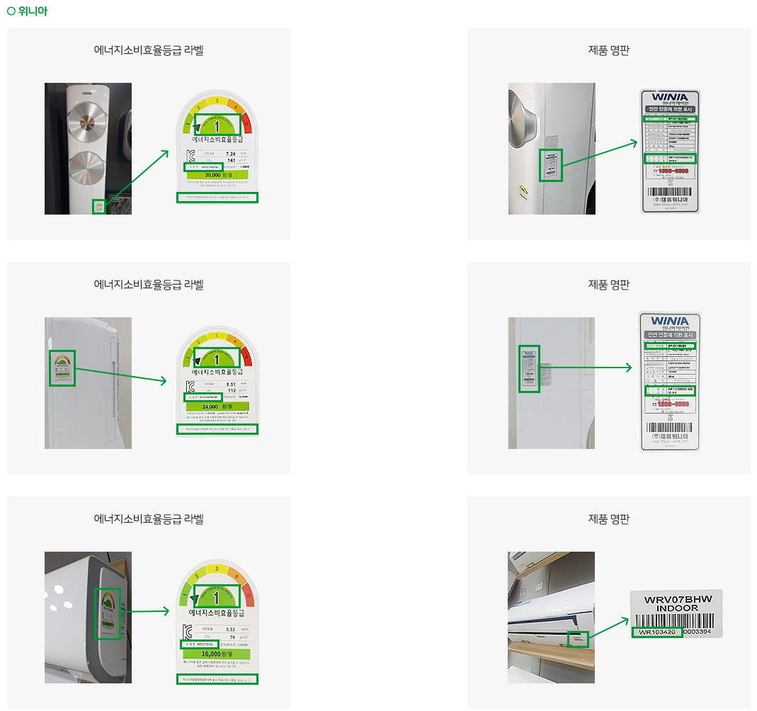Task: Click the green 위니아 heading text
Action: (33, 11)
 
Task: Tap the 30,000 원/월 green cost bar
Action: (217, 175)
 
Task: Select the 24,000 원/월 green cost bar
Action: (217, 407)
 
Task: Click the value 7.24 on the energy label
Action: (230, 153)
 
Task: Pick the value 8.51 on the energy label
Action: (230, 385)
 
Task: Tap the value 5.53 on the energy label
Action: (230, 629)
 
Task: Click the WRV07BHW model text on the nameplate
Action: (677, 600)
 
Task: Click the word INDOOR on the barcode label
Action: (677, 609)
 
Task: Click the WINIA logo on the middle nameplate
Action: (669, 320)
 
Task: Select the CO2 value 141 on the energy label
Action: (231, 161)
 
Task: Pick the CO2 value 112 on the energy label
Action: (231, 391)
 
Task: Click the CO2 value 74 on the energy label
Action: (231, 637)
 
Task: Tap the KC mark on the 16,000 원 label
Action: (189, 632)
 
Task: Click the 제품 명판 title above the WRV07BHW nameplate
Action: (608, 519)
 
